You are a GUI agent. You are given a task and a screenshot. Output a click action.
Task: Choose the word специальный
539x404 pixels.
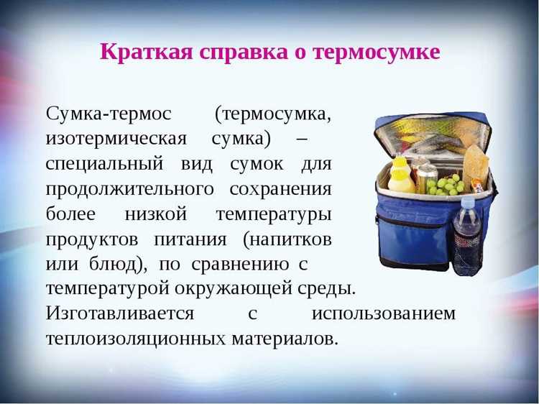[x=104, y=163]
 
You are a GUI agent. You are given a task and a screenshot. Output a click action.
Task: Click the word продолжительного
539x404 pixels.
[x=130, y=188]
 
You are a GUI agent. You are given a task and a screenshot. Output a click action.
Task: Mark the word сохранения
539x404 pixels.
[x=281, y=188]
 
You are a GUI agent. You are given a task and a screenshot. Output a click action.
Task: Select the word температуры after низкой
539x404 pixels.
[x=274, y=214]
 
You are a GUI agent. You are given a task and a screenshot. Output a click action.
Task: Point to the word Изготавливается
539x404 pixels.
[x=119, y=314]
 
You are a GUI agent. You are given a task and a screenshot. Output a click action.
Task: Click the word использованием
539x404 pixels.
[x=384, y=314]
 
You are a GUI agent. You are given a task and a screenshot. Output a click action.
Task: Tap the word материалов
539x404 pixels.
[x=284, y=339]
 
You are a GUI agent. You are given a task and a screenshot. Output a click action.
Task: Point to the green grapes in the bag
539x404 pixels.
[x=444, y=185]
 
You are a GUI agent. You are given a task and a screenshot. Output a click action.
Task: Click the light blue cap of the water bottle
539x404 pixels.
[x=467, y=203]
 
